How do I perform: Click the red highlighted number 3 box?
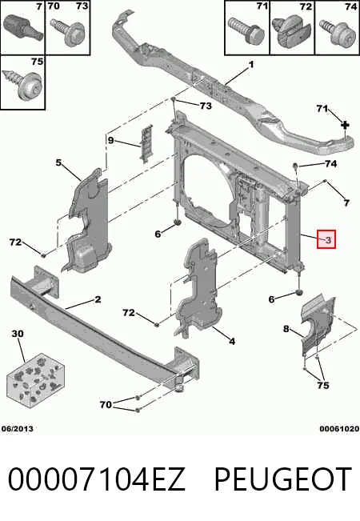coord(326,239)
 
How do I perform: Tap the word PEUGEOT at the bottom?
coord(283,479)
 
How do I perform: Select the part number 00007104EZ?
coord(96,479)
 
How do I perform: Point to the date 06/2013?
coord(18,429)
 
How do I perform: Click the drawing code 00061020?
coord(339,429)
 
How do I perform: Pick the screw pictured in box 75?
coord(22,83)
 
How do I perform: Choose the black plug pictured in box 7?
coord(22,26)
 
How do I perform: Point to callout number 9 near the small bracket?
coord(110,140)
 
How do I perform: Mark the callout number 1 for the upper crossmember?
coord(250,64)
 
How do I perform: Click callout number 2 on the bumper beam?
coord(98,299)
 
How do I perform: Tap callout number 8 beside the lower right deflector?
coord(286,329)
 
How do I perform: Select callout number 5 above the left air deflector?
coord(58,162)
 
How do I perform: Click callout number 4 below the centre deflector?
coord(232,341)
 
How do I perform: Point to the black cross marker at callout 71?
coord(346,125)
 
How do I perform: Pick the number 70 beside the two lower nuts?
coord(106,404)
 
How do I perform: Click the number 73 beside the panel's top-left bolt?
coord(206,106)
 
